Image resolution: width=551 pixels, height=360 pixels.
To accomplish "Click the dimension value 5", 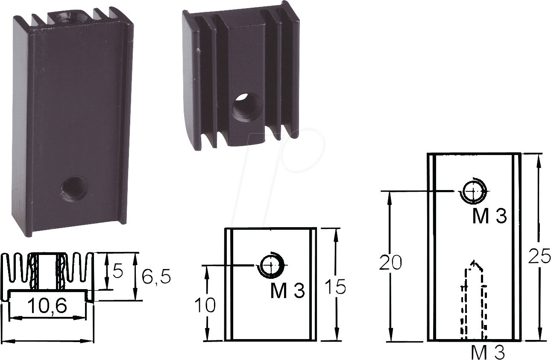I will [x=117, y=272].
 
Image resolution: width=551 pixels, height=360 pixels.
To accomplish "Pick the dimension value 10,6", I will [x=47, y=307].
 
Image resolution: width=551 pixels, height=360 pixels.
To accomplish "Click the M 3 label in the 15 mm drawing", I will [x=287, y=291].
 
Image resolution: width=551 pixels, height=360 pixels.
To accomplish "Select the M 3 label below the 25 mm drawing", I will [x=487, y=353].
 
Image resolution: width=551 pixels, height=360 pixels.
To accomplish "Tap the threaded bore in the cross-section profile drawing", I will [x=47, y=271].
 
